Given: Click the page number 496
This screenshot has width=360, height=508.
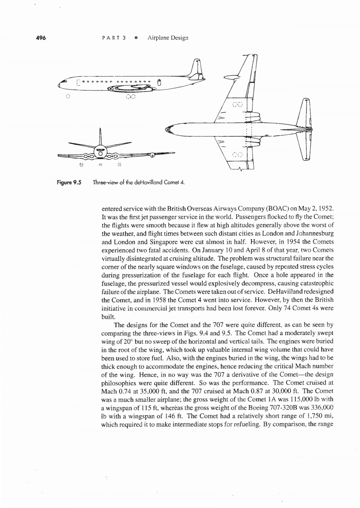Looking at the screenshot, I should (x=41, y=38).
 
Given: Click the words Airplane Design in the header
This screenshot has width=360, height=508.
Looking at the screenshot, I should (x=168, y=38).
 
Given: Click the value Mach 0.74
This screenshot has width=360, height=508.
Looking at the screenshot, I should (x=115, y=391).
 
